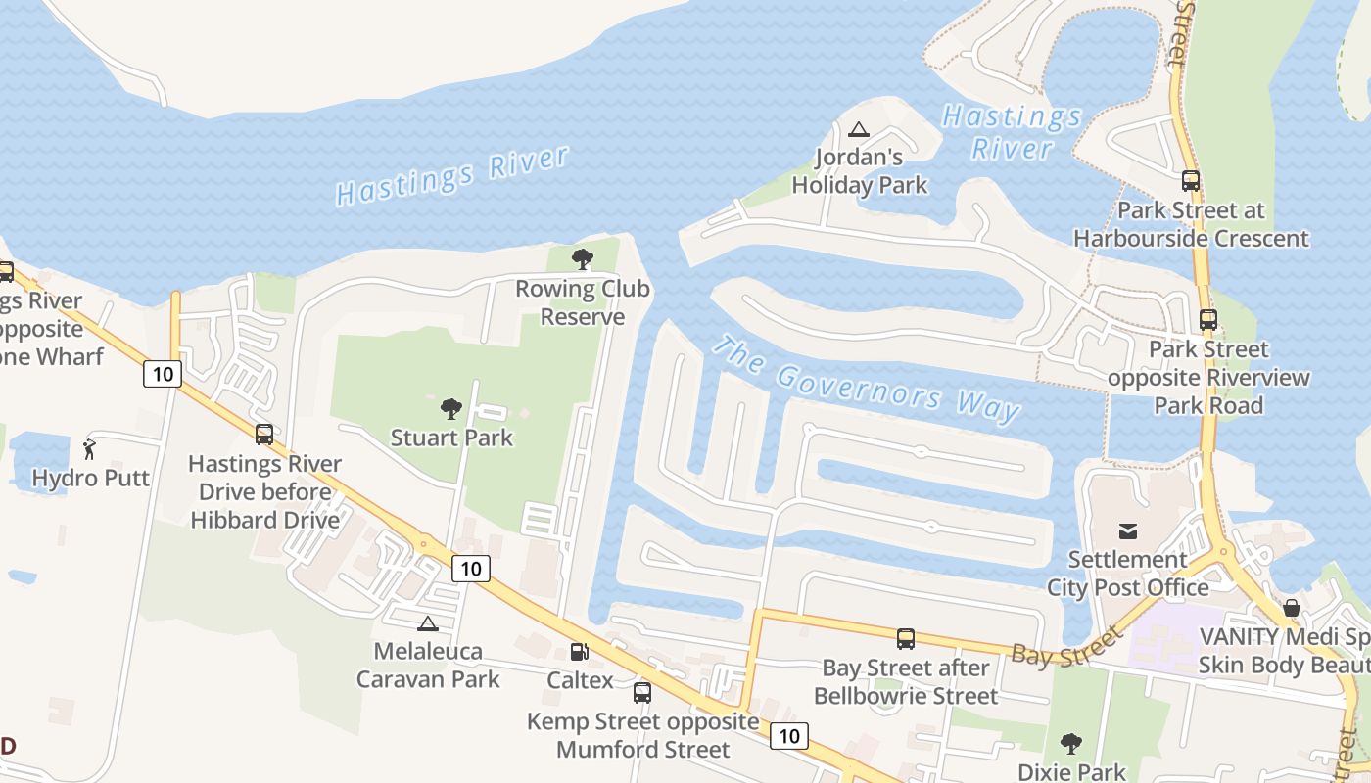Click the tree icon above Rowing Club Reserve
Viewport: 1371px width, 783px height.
[583, 259]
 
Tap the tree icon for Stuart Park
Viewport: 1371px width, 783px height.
[451, 408]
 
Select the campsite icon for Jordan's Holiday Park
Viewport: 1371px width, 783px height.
[859, 128]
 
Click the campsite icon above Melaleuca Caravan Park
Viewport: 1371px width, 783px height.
[427, 623]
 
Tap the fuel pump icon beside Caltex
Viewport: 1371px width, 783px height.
[580, 651]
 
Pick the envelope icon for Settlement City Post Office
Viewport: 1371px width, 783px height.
[1128, 530]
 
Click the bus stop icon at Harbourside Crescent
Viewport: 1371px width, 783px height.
[1191, 180]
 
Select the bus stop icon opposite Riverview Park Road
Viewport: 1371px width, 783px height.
[1208, 319]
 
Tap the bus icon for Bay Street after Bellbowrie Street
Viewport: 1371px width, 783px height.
[906, 639]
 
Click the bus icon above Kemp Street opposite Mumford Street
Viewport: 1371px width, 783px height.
[642, 692]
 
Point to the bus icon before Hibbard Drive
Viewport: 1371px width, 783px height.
[264, 435]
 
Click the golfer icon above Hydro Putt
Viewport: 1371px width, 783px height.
[90, 449]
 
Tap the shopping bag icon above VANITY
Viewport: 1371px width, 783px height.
[1292, 608]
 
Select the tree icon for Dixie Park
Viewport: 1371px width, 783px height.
[1071, 744]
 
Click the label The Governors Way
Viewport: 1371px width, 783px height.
[866, 380]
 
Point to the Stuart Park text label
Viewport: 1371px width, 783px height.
[451, 438]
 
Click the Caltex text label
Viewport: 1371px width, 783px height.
[580, 680]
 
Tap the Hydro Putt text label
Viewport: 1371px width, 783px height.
[91, 478]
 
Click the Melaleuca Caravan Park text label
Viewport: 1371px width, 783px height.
[428, 665]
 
